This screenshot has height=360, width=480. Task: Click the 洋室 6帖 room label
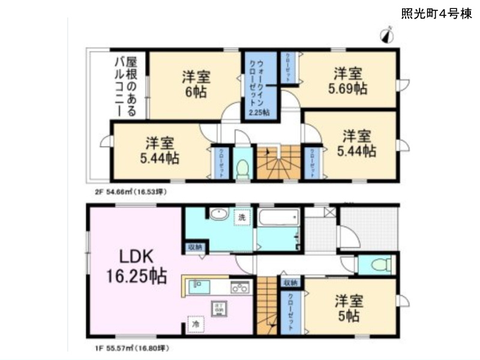[x=196, y=84]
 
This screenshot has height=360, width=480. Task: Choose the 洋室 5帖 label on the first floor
[x=347, y=308]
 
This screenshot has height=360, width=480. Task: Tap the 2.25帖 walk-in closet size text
[x=259, y=112]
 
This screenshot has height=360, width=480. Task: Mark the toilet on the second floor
[x=243, y=168]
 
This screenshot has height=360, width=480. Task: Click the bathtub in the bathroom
[x=279, y=217]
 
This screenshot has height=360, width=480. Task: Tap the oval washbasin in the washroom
[x=217, y=214]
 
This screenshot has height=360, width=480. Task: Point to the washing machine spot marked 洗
[x=242, y=217]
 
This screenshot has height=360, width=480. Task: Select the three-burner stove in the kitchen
[x=241, y=287]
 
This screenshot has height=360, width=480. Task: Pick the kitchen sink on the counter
[x=199, y=287]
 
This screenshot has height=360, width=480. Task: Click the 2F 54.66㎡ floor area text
[x=127, y=192]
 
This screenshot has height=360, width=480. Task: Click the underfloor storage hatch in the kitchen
[x=215, y=308]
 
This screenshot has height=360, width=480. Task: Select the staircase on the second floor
[x=278, y=162]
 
